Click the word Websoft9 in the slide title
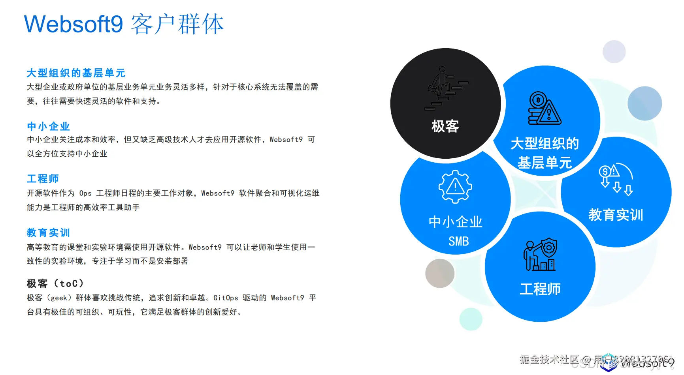(x=73, y=24)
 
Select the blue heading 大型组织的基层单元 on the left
(x=76, y=73)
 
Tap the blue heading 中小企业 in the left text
(x=48, y=126)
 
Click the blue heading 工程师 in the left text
(x=43, y=179)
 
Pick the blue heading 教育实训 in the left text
(x=48, y=232)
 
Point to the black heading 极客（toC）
(x=55, y=283)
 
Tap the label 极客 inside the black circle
(x=445, y=126)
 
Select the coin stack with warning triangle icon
(x=544, y=109)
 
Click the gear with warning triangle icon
(x=455, y=187)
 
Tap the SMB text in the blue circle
(x=458, y=241)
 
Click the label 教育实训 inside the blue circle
(x=616, y=215)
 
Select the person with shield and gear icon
(x=540, y=255)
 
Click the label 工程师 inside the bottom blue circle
(x=540, y=289)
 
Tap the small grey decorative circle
(x=440, y=273)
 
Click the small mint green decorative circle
(x=471, y=319)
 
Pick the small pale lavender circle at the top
(x=614, y=51)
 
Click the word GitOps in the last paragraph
(x=226, y=298)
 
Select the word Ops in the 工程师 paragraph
(x=85, y=193)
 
